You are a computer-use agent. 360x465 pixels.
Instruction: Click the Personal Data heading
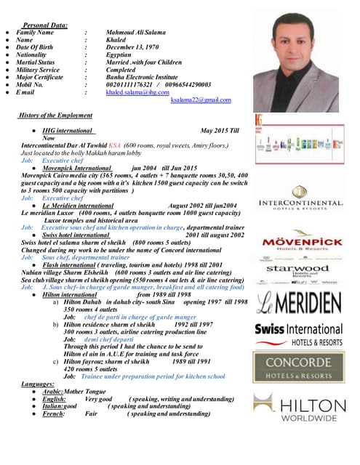click(45, 25)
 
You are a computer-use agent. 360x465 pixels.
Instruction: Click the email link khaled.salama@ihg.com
click(137, 92)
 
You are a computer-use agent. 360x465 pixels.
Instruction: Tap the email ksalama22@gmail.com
click(200, 100)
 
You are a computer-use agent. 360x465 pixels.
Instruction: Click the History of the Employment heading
click(57, 115)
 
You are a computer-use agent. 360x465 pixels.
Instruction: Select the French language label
click(55, 413)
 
